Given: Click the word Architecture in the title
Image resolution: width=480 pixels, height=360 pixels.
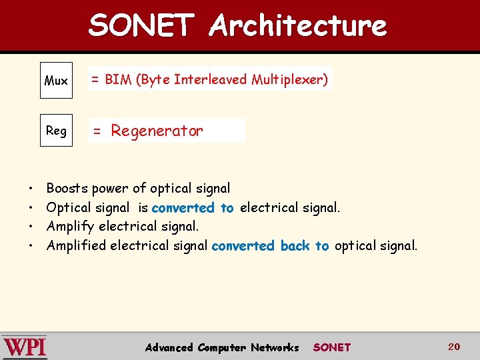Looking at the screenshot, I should (x=297, y=25).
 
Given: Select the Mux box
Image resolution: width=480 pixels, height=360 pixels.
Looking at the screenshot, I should (x=56, y=81).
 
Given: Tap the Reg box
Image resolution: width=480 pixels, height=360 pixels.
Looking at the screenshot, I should (x=56, y=131).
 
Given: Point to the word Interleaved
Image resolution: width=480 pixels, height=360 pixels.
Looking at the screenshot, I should (x=210, y=80).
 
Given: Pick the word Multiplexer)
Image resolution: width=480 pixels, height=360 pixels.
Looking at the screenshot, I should (x=289, y=80).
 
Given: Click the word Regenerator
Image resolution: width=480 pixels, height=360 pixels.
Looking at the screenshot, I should (x=157, y=131).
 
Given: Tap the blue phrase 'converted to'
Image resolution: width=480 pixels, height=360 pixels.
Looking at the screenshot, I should (x=193, y=208).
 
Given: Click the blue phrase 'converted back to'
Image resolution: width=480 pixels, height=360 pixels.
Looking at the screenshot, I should (x=270, y=246).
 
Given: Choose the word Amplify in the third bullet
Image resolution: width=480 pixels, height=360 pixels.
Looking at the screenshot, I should (x=71, y=227).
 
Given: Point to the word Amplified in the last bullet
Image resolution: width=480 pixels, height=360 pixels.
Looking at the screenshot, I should (x=76, y=246).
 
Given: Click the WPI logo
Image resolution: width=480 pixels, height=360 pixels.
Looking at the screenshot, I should (x=25, y=347).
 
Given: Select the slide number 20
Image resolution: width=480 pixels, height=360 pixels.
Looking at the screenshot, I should (x=454, y=347).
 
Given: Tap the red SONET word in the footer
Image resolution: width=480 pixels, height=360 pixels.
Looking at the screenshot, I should (x=331, y=347).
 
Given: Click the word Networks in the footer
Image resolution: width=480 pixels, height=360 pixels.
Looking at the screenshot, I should (x=275, y=347).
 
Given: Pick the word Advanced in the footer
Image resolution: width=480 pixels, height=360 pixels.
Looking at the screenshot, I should (x=169, y=347).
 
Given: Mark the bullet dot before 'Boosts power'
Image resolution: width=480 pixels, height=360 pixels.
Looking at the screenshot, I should (x=31, y=189).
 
